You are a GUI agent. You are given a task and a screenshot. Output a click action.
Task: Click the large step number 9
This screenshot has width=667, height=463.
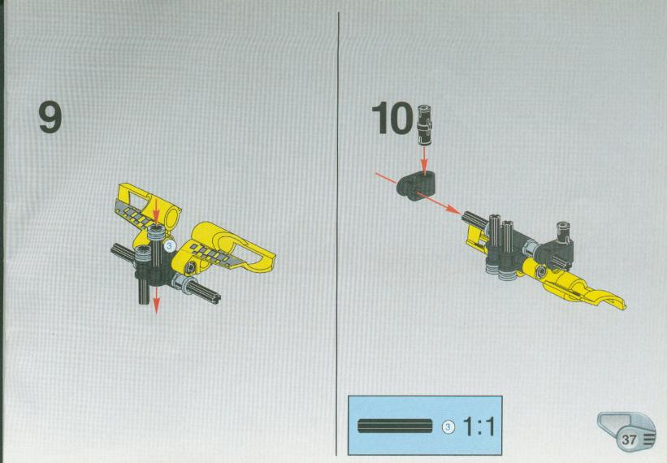tap(50, 117)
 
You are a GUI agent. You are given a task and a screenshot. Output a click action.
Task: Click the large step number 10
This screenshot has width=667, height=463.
tap(392, 119)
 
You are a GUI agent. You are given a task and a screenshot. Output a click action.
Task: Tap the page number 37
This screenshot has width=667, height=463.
tap(628, 439)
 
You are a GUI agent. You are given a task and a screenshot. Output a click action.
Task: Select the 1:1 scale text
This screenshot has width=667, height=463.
tap(479, 426)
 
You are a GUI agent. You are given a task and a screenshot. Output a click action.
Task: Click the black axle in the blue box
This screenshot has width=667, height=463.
tap(395, 426)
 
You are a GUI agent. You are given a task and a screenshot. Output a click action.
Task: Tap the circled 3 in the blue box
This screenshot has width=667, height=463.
tap(448, 426)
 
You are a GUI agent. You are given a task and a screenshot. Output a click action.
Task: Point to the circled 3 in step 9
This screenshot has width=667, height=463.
tap(169, 245)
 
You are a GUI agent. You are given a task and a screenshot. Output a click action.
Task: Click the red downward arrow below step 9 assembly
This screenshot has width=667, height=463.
tap(156, 301)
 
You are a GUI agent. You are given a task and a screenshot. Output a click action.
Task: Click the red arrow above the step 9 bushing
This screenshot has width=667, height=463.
tap(157, 210)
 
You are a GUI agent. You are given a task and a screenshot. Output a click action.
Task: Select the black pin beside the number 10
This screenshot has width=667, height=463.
tap(424, 124)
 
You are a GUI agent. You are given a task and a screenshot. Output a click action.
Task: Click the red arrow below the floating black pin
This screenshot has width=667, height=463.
tap(424, 161)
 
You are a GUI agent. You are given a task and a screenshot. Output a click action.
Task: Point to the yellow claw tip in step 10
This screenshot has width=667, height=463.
tap(620, 303)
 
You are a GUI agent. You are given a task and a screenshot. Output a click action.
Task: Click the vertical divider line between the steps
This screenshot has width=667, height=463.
tap(338, 234)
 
